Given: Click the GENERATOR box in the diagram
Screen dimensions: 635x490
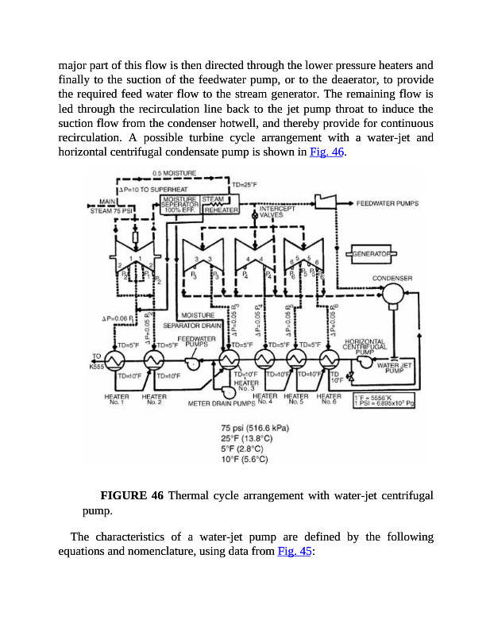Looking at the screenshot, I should [x=372, y=253].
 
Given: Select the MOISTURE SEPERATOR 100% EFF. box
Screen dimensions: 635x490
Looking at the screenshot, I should [x=179, y=204].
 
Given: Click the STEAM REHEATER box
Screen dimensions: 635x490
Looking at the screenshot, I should [x=222, y=205].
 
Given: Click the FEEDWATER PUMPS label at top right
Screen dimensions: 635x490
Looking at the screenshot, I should [x=387, y=204].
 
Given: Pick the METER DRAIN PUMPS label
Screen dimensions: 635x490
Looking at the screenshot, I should [x=220, y=403].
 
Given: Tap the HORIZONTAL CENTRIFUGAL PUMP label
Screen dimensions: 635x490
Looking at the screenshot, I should [x=365, y=346].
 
